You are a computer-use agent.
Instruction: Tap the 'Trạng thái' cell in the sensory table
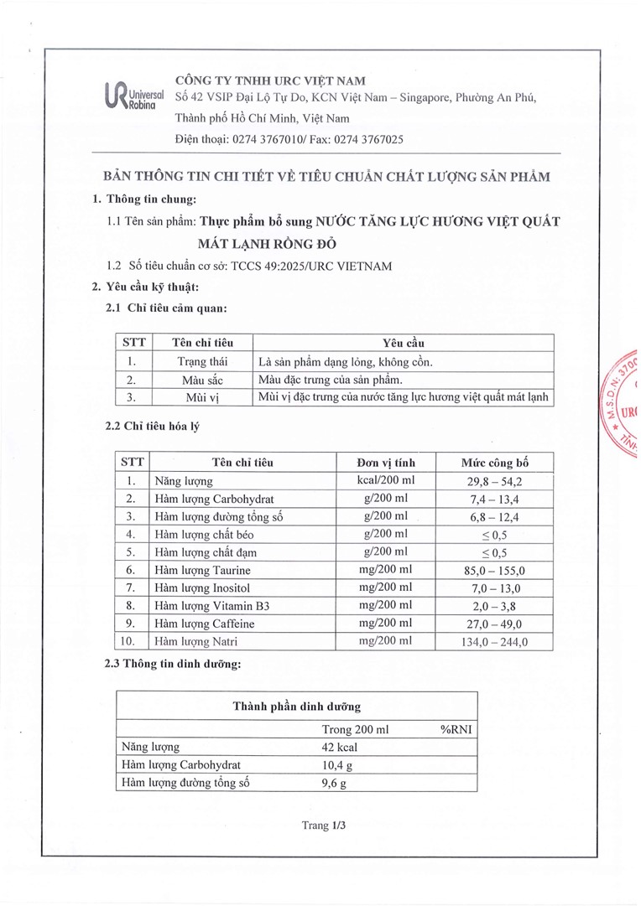pyautogui.click(x=202, y=362)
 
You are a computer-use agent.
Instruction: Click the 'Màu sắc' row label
pyautogui.click(x=202, y=380)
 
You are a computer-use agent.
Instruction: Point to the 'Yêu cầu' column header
pyautogui.click(x=403, y=343)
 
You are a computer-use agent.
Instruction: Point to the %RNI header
pyautogui.click(x=456, y=729)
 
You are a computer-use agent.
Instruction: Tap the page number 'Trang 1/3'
pyautogui.click(x=324, y=825)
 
